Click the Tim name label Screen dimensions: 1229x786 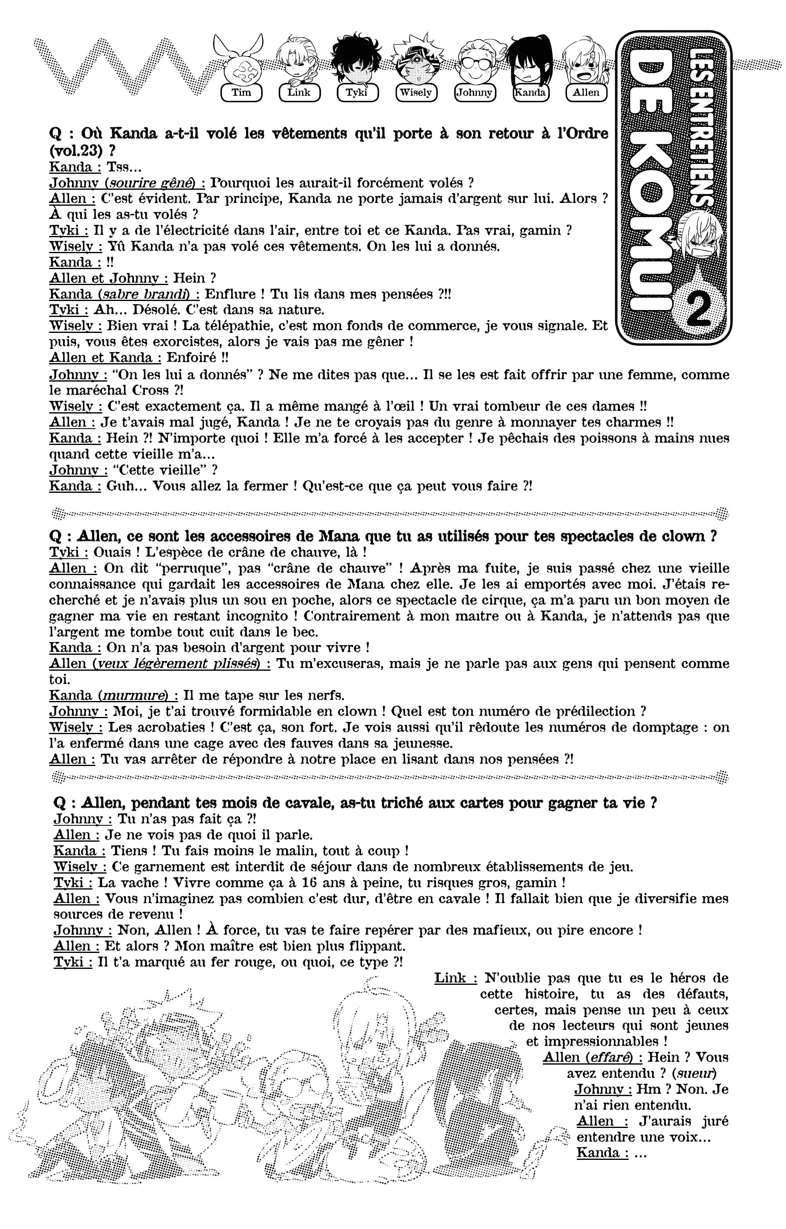pyautogui.click(x=241, y=93)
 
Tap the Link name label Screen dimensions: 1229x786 pyautogui.click(x=299, y=93)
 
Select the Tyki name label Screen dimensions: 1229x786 pyautogui.click(x=357, y=93)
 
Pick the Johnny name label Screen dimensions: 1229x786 pyautogui.click(x=474, y=93)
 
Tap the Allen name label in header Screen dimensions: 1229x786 pyautogui.click(x=586, y=93)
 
